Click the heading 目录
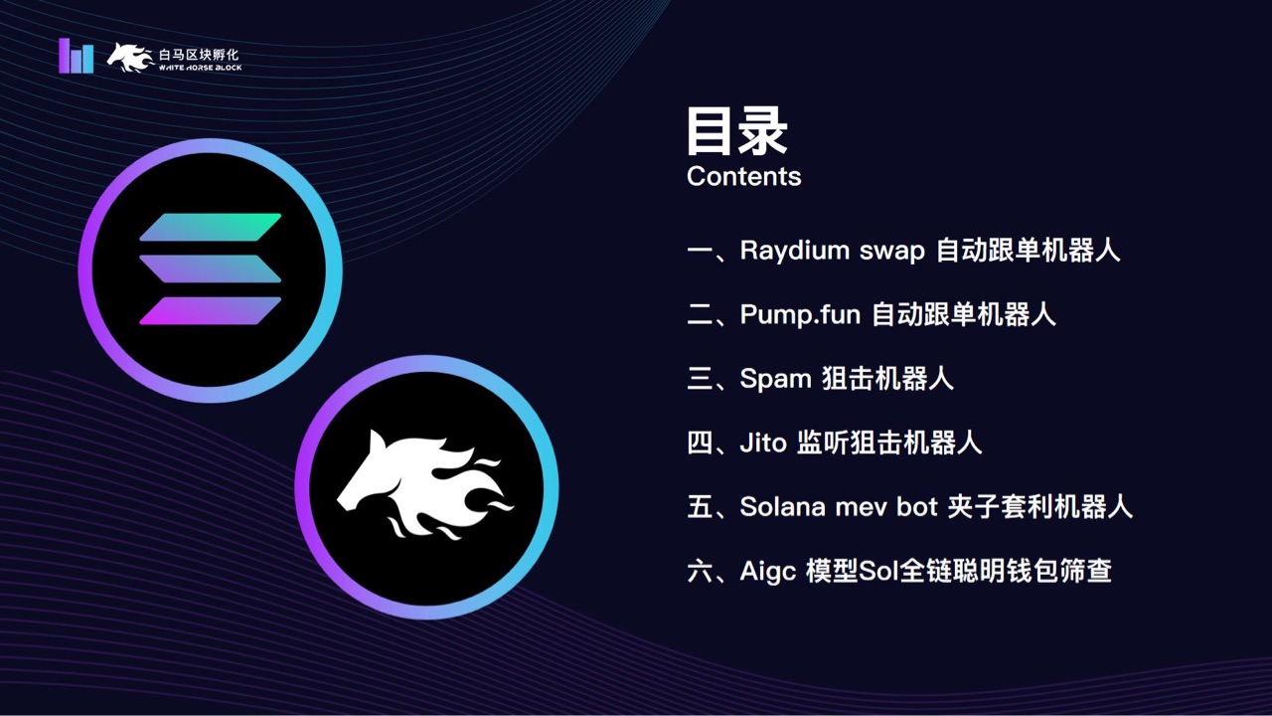pyautogui.click(x=736, y=131)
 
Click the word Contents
pyautogui.click(x=743, y=177)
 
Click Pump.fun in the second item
pyautogui.click(x=799, y=315)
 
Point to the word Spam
pyautogui.click(x=775, y=380)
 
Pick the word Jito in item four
pyautogui.click(x=762, y=443)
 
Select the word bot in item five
pyautogui.click(x=917, y=506)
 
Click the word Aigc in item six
pyautogui.click(x=768, y=571)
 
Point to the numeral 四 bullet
pyautogui.click(x=700, y=443)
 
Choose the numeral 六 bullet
pyautogui.click(x=700, y=571)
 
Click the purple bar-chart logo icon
pyautogui.click(x=76, y=56)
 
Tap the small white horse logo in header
pyautogui.click(x=129, y=57)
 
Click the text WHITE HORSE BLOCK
pyautogui.click(x=200, y=68)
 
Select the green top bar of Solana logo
pyautogui.click(x=211, y=227)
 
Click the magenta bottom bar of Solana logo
pyautogui.click(x=211, y=311)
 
